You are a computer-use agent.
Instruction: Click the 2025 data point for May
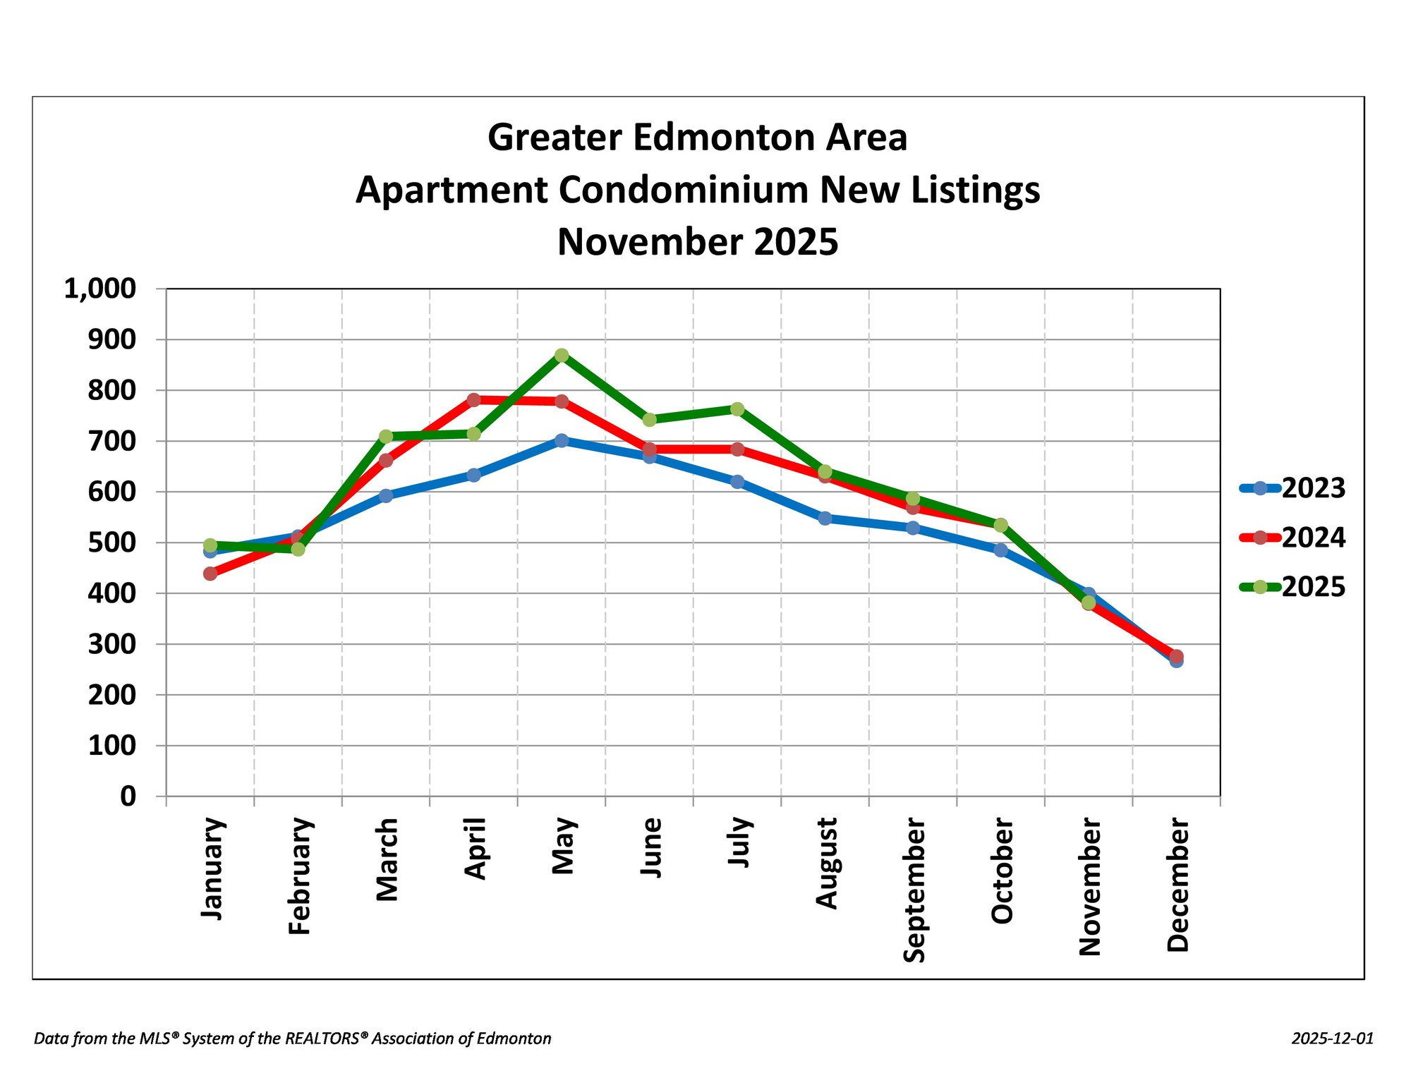tap(562, 355)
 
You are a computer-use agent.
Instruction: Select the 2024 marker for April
tap(473, 400)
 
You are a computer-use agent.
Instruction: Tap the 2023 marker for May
tap(562, 440)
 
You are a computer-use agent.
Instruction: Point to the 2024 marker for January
tap(210, 574)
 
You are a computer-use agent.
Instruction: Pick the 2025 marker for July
tap(737, 409)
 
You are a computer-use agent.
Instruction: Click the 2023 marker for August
tap(825, 519)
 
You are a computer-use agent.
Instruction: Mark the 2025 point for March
tap(386, 437)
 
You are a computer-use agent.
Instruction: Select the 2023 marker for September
tap(913, 528)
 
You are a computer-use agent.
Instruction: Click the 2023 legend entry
tap(1292, 488)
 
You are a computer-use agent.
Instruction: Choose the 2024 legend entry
tap(1292, 538)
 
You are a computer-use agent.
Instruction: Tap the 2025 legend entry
tap(1292, 587)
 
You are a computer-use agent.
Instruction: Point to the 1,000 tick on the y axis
tap(100, 289)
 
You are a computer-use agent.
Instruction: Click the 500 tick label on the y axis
tap(111, 543)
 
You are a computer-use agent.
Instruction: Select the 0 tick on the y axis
tap(128, 797)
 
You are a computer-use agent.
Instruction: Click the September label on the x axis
tap(914, 890)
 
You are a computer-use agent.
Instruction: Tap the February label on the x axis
tap(300, 876)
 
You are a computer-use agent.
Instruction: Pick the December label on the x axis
tap(1177, 885)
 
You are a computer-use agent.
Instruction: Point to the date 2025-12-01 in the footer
tap(1333, 1038)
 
